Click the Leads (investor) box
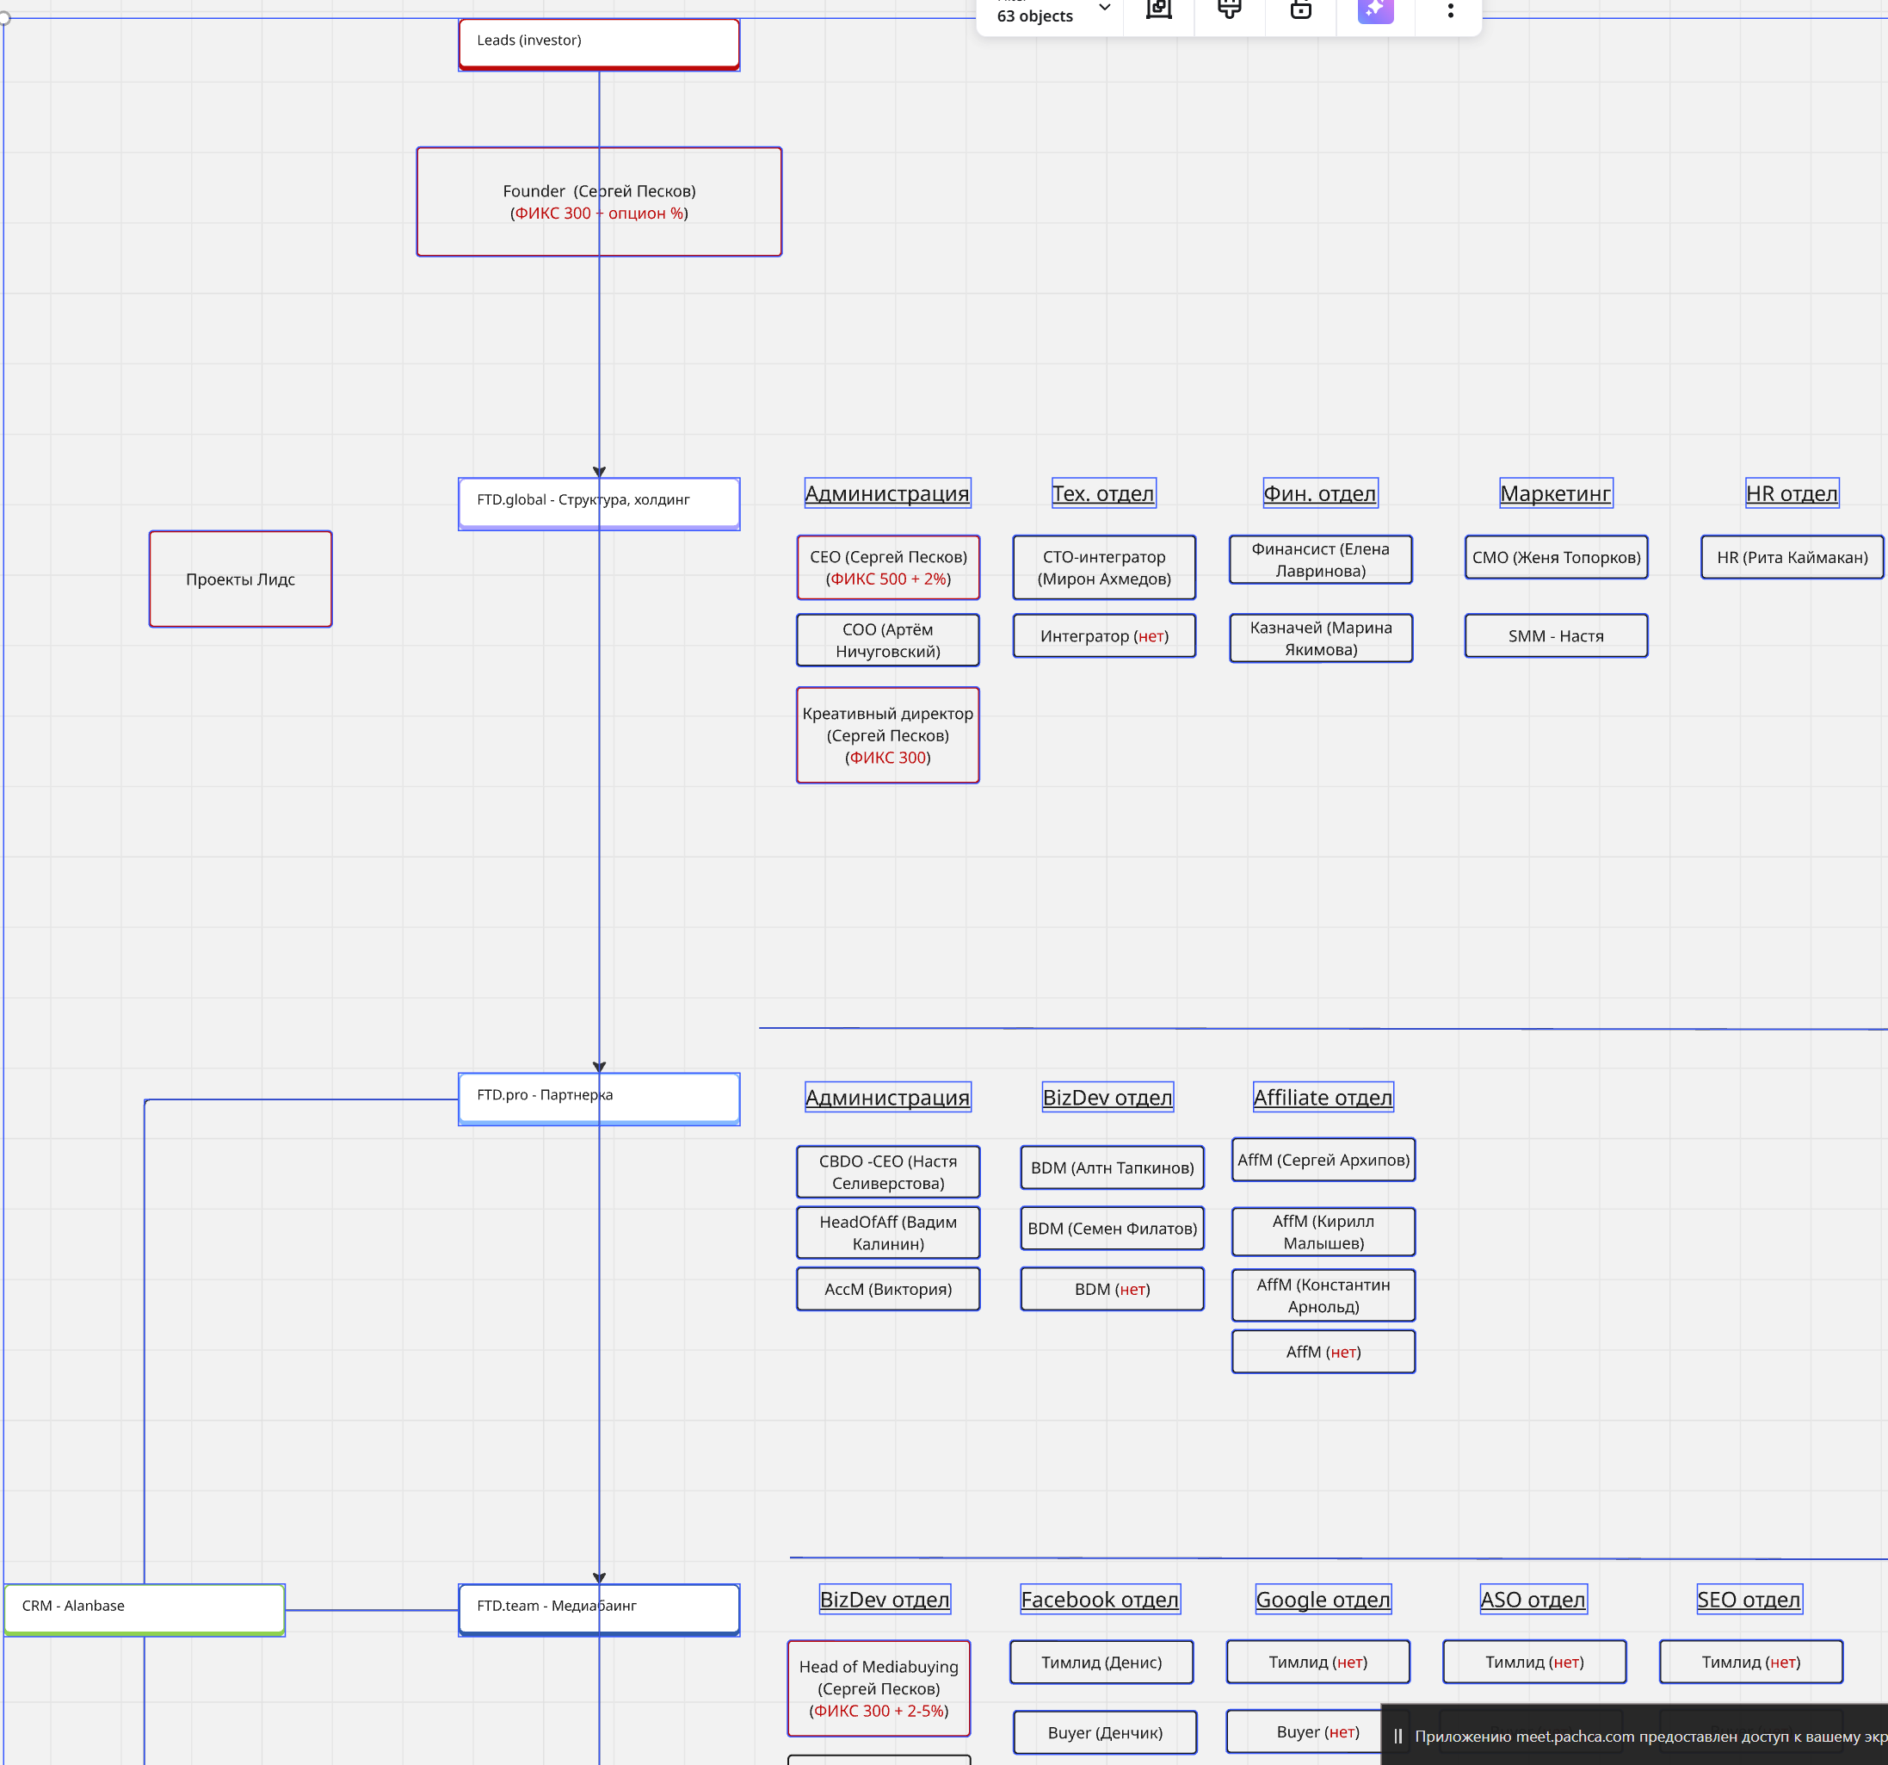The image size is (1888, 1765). [598, 43]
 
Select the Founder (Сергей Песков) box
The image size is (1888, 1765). [598, 201]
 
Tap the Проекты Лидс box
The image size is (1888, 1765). [240, 579]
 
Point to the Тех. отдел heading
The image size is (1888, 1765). [1102, 493]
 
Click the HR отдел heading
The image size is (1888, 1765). [1791, 493]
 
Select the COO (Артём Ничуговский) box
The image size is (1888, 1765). [887, 640]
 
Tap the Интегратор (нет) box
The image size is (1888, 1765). [1103, 635]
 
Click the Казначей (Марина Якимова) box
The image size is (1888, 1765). [1320, 637]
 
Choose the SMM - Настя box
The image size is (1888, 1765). [1556, 635]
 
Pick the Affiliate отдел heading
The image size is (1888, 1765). [1322, 1097]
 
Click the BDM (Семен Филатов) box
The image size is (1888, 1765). [1111, 1229]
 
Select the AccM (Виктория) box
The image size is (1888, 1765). [887, 1289]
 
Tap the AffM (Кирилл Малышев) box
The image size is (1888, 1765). [1322, 1231]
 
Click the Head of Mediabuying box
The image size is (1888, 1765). [879, 1688]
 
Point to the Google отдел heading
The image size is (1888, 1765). [1322, 1600]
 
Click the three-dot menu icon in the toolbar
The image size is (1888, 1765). [1449, 10]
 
